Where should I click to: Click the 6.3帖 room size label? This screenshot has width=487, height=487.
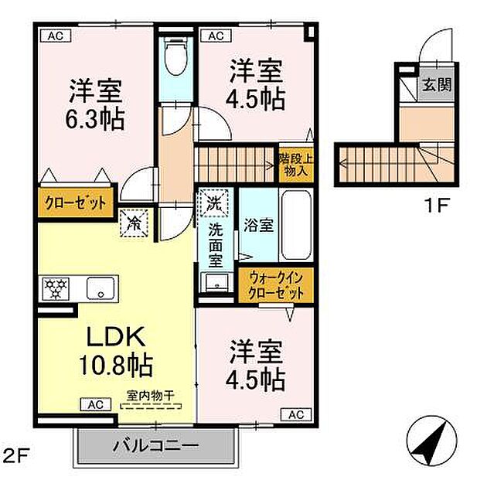pyautogui.click(x=97, y=119)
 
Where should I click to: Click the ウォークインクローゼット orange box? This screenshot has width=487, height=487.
pyautogui.click(x=276, y=286)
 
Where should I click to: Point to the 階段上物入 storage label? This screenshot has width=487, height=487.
pyautogui.click(x=295, y=165)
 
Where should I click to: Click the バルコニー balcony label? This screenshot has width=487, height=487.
pyautogui.click(x=155, y=446)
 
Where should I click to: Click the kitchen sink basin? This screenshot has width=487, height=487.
pyautogui.click(x=100, y=289)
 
